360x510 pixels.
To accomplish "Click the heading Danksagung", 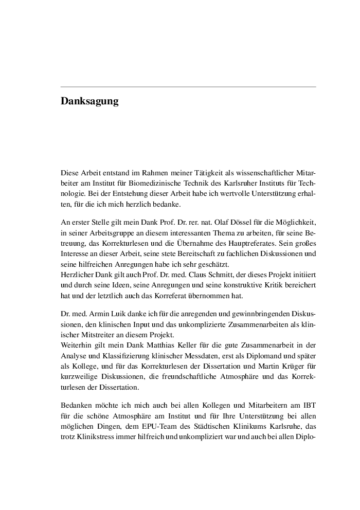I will coord(89,101).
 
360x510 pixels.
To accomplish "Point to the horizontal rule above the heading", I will coord(188,87).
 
